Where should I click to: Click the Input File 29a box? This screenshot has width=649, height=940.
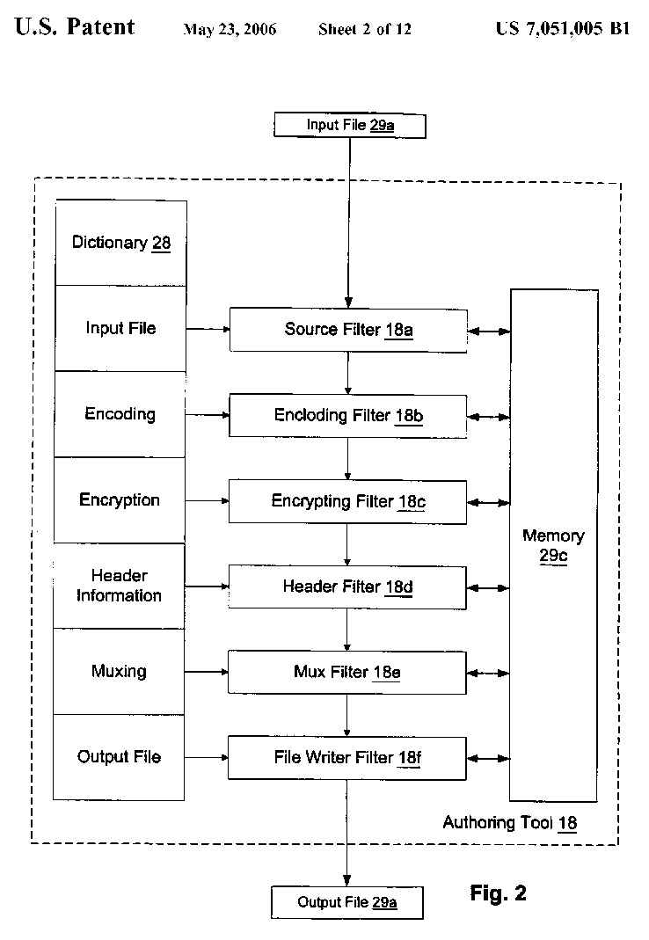(350, 125)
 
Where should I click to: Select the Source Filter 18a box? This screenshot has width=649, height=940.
(348, 330)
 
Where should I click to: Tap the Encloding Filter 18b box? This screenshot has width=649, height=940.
(348, 415)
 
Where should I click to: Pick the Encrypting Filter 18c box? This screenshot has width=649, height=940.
(348, 501)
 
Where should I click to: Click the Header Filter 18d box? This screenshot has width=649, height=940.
(348, 587)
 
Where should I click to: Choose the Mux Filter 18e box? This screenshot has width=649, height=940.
(348, 673)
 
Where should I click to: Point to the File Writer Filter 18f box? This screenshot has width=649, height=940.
(348, 758)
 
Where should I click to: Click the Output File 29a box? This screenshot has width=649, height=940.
(346, 902)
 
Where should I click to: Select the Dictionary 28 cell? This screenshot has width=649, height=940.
(121, 243)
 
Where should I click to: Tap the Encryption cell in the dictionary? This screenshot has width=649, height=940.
(120, 499)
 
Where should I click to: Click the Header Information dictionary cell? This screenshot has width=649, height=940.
(120, 586)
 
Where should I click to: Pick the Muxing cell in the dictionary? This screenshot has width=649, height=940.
(120, 672)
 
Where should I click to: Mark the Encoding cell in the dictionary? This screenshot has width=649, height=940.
(120, 414)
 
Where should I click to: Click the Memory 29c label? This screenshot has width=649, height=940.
(553, 545)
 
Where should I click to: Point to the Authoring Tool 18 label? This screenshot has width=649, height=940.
(510, 823)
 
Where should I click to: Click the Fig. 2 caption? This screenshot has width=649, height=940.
(499, 893)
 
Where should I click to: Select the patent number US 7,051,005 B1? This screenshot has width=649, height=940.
(563, 29)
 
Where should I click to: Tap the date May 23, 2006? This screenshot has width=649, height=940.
(230, 30)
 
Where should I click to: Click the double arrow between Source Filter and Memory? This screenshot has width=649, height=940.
(489, 332)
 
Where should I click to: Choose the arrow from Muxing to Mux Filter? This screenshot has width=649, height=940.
(207, 672)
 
